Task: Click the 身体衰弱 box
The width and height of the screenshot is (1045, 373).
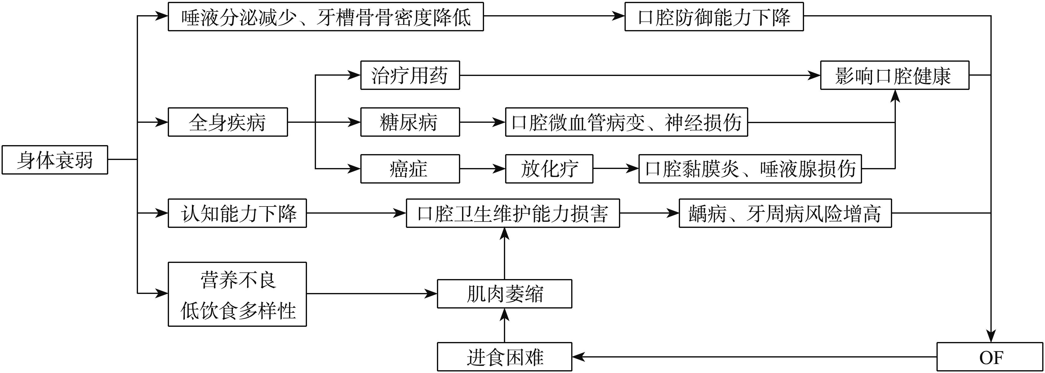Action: (55, 160)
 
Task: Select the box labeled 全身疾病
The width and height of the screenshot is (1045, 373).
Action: (228, 122)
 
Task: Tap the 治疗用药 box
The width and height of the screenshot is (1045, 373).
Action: (410, 75)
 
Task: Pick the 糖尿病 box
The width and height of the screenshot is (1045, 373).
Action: (410, 122)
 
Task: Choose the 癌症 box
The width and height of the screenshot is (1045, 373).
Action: (410, 169)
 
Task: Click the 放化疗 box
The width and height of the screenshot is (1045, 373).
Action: (549, 169)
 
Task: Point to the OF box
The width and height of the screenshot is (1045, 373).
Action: (990, 357)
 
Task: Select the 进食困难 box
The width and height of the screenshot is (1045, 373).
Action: (504, 357)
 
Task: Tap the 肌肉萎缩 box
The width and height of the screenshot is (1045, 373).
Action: (504, 294)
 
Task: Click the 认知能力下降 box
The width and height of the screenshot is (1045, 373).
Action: (237, 213)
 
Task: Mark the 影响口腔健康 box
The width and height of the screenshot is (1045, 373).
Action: (895, 75)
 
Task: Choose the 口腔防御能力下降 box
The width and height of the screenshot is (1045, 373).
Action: (714, 17)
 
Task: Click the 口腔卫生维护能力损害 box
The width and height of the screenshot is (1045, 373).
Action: (513, 213)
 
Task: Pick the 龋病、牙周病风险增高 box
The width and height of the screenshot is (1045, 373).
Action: (785, 213)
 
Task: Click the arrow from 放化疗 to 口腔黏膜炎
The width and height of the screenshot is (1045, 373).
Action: (616, 169)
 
